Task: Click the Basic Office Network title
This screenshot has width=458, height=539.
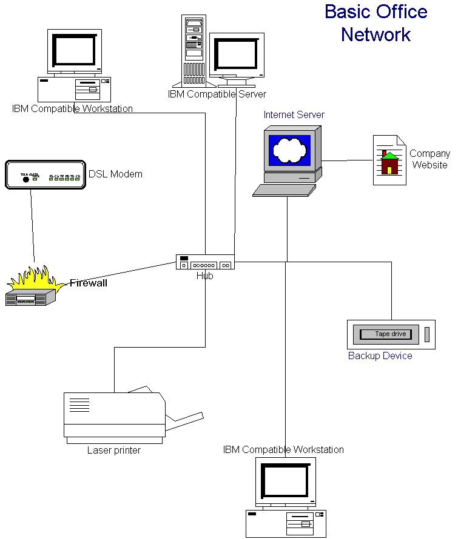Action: [x=375, y=23]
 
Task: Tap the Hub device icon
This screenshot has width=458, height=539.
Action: [x=205, y=262]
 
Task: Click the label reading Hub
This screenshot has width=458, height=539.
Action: [x=205, y=276]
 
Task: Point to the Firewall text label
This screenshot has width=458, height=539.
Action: [x=89, y=282]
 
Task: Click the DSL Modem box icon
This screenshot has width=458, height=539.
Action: [x=45, y=174]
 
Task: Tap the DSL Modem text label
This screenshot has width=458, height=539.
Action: [x=115, y=174]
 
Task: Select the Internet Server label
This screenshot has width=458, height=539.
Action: [x=294, y=115]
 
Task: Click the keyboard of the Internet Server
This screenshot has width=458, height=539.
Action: [x=285, y=190]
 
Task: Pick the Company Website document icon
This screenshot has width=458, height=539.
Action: [x=389, y=160]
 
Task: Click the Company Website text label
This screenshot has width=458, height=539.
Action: [x=429, y=159]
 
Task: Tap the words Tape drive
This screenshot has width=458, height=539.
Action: [x=390, y=334]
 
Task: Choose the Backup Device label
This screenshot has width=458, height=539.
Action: [x=380, y=356]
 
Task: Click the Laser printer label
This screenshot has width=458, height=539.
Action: [x=114, y=450]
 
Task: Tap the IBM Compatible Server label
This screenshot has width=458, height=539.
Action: [x=217, y=94]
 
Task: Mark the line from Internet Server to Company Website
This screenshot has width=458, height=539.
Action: [x=346, y=160]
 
